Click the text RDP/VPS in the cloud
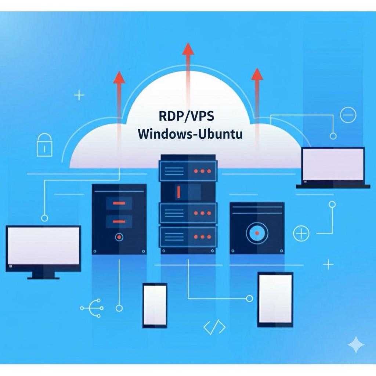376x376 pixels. (x=186, y=116)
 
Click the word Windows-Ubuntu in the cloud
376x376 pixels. (x=190, y=134)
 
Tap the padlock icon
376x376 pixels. (x=44, y=145)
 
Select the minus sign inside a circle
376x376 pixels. (x=348, y=115)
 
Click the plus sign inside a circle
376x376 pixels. (x=301, y=233)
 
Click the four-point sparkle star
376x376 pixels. (x=356, y=345)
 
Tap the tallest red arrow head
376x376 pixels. (x=188, y=49)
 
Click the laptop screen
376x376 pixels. (x=333, y=164)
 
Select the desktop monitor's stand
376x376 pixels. (x=43, y=275)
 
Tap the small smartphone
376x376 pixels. (x=155, y=305)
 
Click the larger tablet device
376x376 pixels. (x=275, y=299)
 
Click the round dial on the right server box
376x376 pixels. (x=257, y=233)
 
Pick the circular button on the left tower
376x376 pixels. (x=119, y=237)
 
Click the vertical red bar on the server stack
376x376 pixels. (x=178, y=192)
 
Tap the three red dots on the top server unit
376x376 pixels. (x=202, y=171)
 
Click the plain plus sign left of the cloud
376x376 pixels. (x=79, y=95)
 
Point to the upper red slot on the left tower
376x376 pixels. (x=119, y=203)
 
